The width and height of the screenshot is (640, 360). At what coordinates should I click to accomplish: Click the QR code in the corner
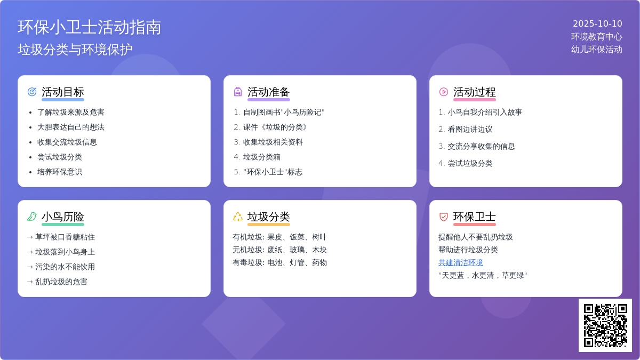pos(605,325)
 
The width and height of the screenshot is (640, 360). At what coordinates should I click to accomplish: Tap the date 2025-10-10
pos(597,23)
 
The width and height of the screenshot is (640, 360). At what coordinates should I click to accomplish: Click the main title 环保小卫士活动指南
pos(89,27)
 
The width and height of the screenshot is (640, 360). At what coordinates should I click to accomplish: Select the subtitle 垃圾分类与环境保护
pos(75,50)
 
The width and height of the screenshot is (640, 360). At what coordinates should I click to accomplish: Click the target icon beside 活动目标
pos(32,92)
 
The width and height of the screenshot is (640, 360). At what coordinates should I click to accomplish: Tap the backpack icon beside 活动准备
pos(238,92)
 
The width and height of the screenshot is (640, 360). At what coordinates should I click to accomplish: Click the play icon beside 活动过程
pos(443,92)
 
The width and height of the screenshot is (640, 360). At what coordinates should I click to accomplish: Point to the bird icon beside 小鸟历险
pos(32,217)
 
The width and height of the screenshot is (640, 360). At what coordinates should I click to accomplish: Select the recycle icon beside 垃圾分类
pos(238,217)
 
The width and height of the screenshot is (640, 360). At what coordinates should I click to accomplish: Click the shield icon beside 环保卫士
pos(443,217)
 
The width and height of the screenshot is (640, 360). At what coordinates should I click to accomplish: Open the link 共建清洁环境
pos(461,262)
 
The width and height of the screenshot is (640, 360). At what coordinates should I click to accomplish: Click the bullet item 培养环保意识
pos(59,172)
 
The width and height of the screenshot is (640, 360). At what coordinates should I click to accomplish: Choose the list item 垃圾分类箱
pos(261,157)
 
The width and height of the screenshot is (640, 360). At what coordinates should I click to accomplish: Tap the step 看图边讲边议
pos(470,129)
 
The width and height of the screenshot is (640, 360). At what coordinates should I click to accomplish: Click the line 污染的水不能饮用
pos(65,267)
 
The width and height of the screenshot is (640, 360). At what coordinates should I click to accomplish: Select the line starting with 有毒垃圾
pos(279,262)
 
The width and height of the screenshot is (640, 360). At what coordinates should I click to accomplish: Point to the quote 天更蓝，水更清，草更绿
pos(483,275)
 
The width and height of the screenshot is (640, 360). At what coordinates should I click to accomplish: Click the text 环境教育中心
pos(597,37)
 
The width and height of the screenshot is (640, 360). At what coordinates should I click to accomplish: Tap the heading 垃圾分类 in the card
pos(269,217)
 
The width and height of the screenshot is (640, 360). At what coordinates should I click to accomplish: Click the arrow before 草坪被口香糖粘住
pos(30,237)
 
